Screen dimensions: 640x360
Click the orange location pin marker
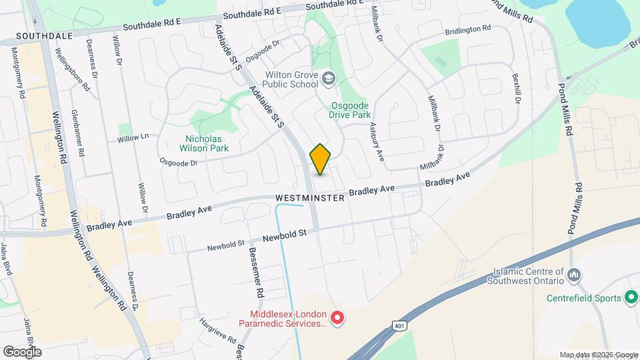(321, 159)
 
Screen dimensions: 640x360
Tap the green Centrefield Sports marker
(631, 298)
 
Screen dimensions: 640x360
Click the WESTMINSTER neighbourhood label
(310, 198)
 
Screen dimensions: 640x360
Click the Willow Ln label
(133, 138)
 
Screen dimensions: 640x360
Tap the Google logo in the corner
(22, 351)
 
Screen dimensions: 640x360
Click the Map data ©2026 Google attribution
(598, 355)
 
